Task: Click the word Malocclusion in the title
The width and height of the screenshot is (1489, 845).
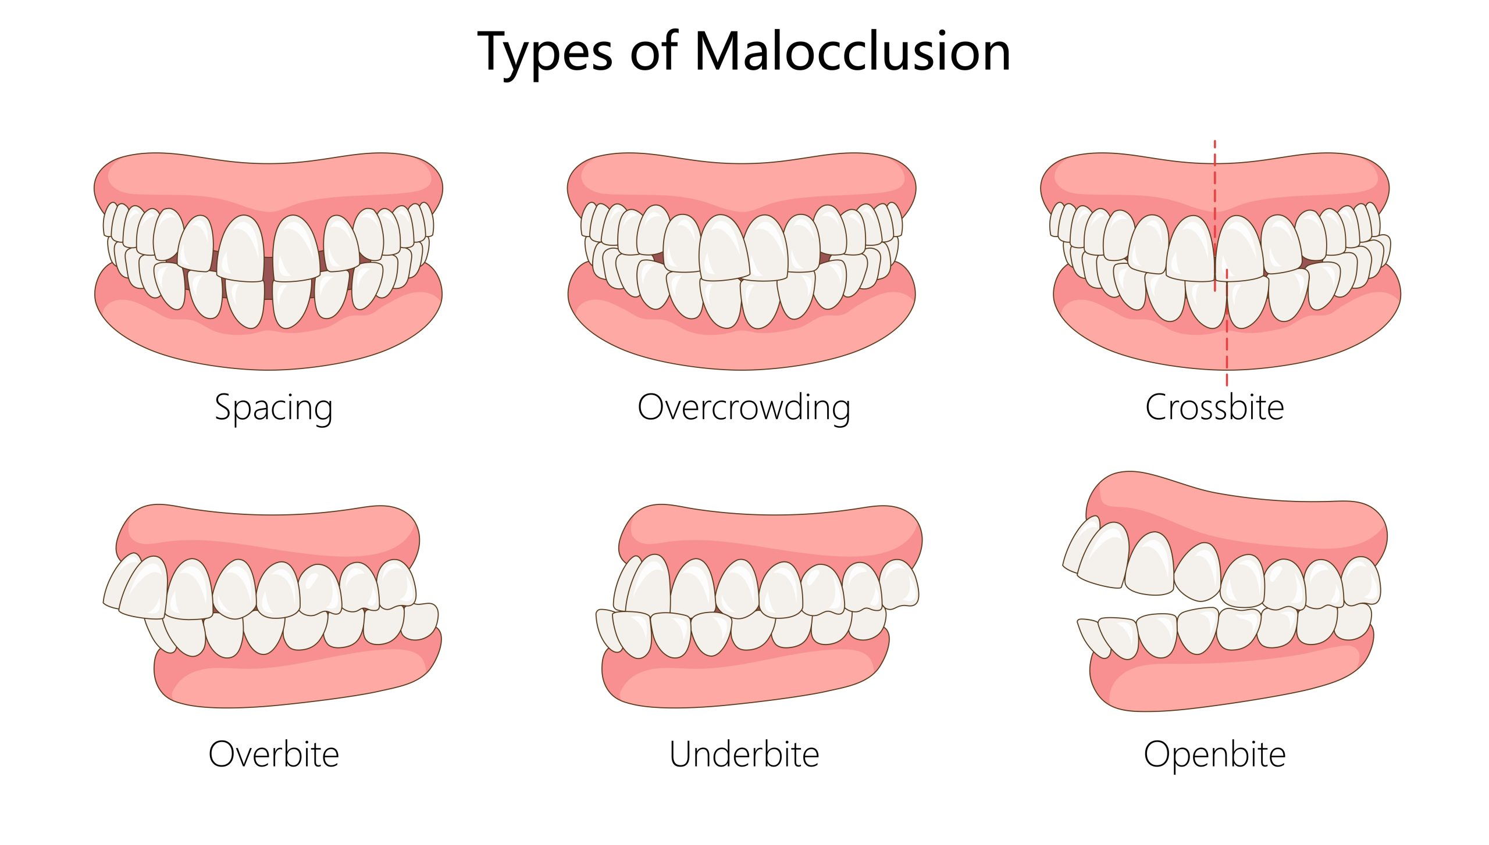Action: point(852,51)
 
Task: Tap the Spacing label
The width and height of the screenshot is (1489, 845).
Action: point(273,408)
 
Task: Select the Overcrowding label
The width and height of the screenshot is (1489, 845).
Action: point(744,408)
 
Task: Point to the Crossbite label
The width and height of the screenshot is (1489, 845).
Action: point(1214,407)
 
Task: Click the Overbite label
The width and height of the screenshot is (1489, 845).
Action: point(273,754)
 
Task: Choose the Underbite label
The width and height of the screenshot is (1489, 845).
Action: point(744,754)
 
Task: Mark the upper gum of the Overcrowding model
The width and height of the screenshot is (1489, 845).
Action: point(742,180)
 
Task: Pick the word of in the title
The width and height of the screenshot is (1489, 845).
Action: point(654,51)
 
